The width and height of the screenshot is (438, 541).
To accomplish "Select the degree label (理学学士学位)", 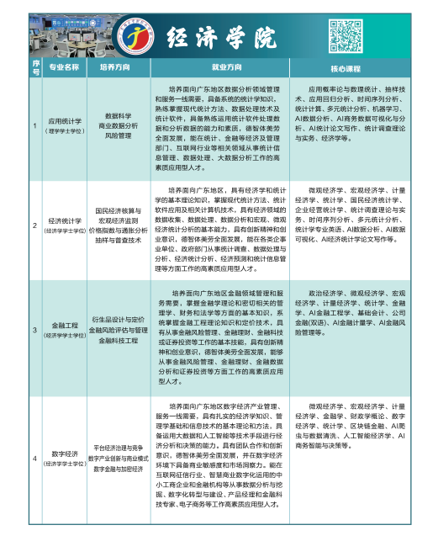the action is [64, 131].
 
